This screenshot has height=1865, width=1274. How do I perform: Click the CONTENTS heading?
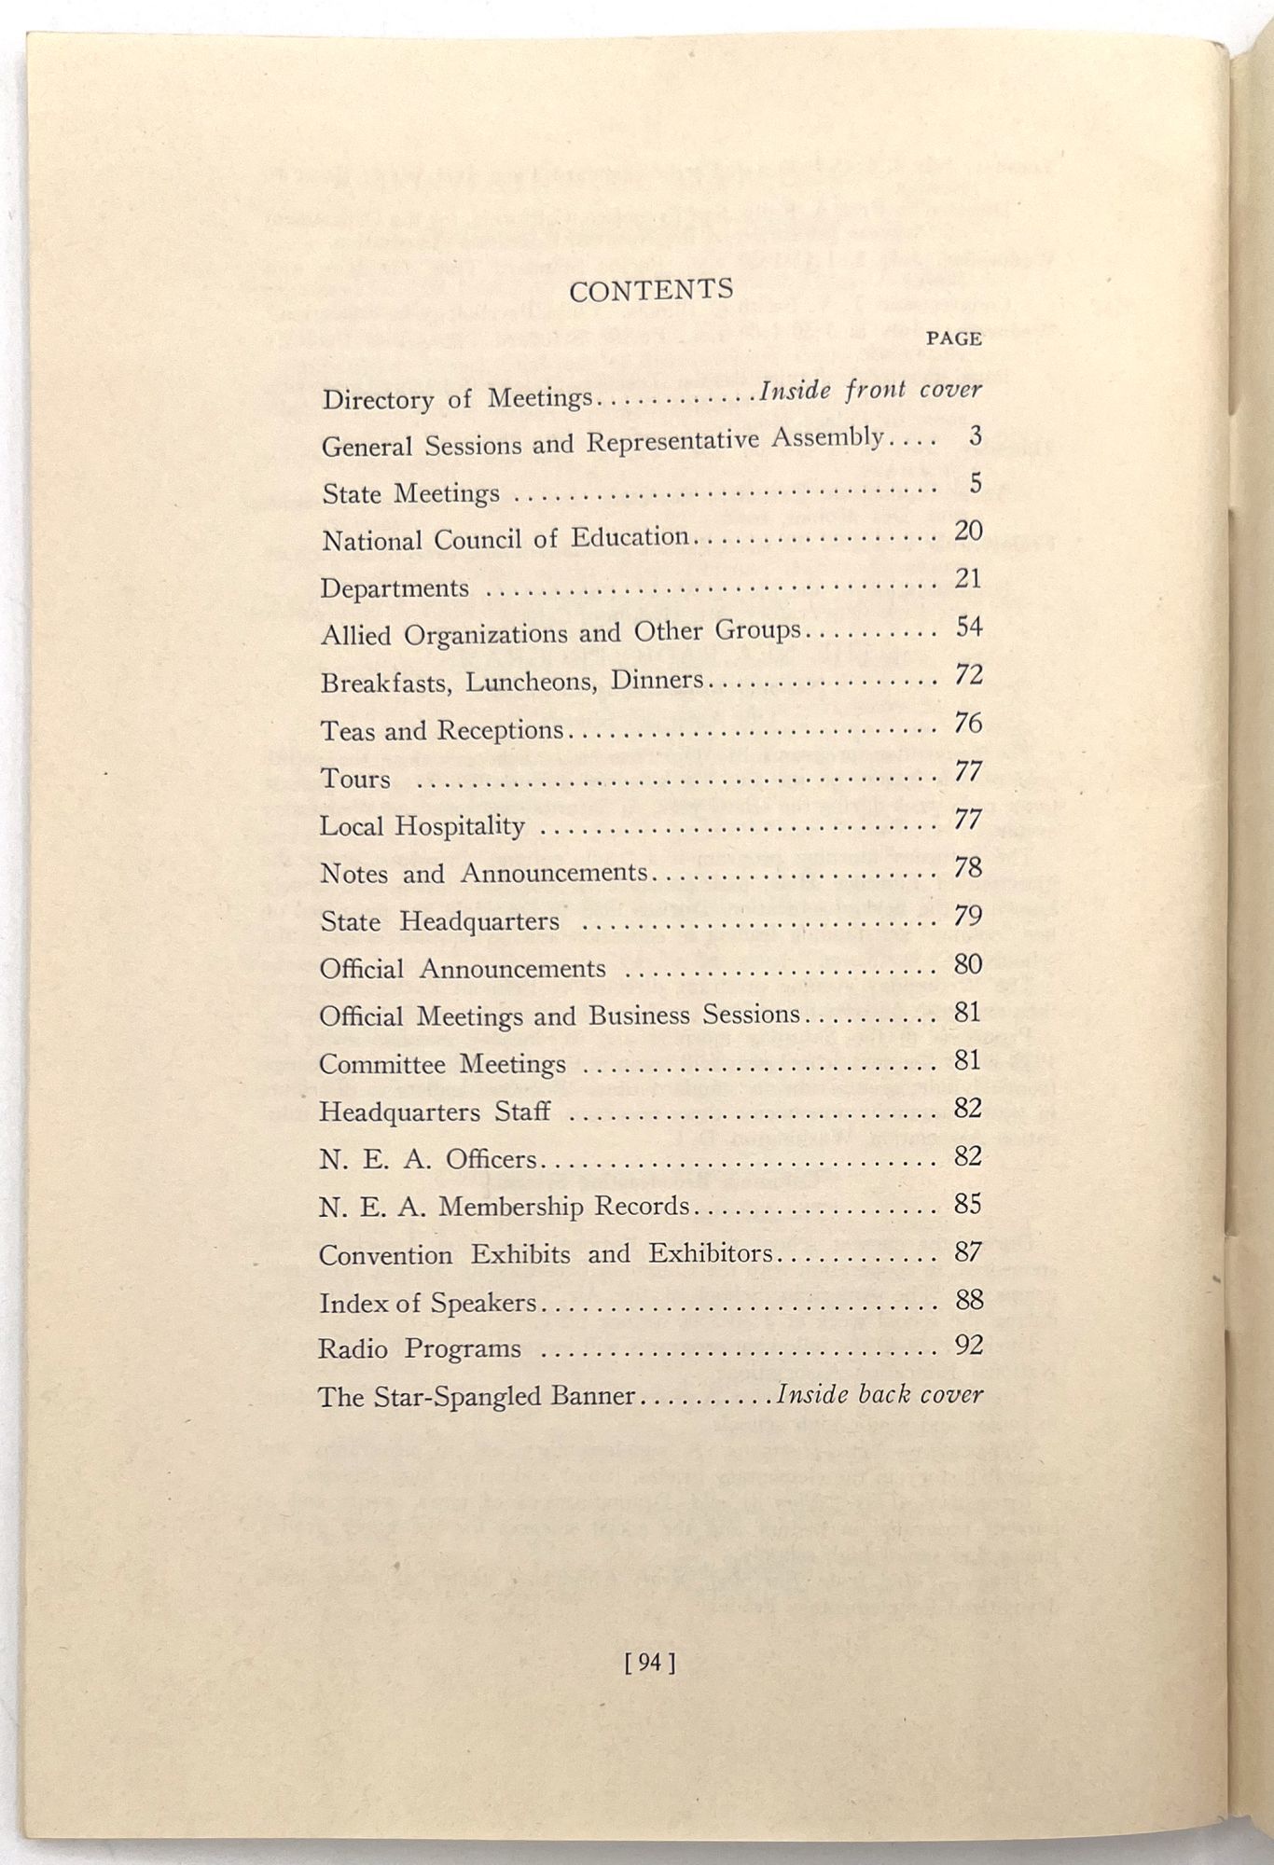click(x=651, y=290)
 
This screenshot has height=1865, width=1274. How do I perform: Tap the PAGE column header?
click(x=953, y=339)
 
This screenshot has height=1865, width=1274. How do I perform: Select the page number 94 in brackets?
click(x=650, y=1661)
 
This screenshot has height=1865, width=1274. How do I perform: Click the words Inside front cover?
click(x=870, y=390)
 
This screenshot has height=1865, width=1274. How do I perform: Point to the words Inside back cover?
click(x=879, y=1394)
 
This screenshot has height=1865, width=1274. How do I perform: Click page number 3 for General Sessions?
click(x=975, y=435)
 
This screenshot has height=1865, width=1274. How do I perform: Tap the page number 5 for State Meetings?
click(x=975, y=483)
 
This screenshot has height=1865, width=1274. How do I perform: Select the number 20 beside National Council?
click(x=968, y=531)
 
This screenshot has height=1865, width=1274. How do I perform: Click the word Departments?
click(x=395, y=588)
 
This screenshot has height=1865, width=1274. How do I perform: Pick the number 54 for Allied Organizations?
click(x=969, y=627)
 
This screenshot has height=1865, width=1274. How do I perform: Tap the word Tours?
click(x=355, y=779)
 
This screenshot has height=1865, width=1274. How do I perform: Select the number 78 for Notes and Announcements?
click(x=968, y=867)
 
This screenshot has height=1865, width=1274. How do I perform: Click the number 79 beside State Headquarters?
click(x=968, y=916)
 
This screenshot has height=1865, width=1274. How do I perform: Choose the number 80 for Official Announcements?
click(x=968, y=963)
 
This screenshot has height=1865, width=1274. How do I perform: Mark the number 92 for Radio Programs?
click(x=969, y=1345)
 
